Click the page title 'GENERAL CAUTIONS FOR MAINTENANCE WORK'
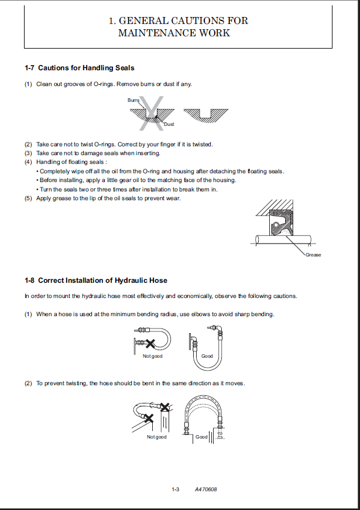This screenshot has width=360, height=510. click(x=179, y=27)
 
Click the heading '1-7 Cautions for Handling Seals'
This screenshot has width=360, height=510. click(x=79, y=69)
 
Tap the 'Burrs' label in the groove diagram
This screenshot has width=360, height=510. click(x=133, y=101)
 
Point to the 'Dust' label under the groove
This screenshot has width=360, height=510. click(x=169, y=124)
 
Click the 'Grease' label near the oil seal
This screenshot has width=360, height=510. click(x=313, y=255)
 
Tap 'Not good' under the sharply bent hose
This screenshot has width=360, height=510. click(x=153, y=356)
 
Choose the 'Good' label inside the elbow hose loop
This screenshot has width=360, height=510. click(x=207, y=356)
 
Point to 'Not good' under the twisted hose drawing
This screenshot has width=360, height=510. click(x=157, y=437)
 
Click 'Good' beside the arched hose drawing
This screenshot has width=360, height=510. click(x=201, y=437)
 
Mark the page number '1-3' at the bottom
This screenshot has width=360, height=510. click(x=175, y=489)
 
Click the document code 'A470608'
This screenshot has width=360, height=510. click(x=206, y=489)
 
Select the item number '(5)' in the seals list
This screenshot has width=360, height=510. click(x=28, y=198)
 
